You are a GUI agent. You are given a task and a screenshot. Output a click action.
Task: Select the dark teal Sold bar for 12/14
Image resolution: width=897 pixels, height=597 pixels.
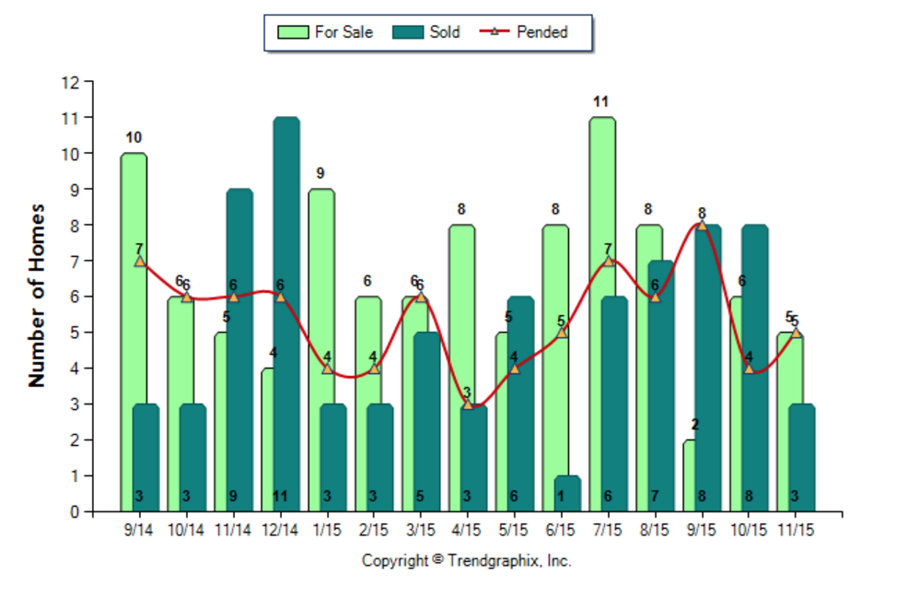point(286,313)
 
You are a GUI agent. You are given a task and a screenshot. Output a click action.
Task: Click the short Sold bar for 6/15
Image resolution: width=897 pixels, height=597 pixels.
point(567,493)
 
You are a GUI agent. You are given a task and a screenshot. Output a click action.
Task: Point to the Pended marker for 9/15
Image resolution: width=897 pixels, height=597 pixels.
point(702,226)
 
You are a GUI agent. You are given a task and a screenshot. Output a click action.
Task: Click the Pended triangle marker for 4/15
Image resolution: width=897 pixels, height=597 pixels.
point(468,404)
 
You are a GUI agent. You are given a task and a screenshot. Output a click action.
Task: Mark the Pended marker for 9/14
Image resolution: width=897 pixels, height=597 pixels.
point(140,261)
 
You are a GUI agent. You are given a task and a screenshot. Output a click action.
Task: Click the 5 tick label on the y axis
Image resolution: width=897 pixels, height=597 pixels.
point(76,333)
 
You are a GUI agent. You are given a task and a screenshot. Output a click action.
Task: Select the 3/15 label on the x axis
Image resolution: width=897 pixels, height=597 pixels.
point(420,532)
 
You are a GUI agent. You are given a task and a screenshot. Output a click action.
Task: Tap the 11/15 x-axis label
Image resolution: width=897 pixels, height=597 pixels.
point(796,532)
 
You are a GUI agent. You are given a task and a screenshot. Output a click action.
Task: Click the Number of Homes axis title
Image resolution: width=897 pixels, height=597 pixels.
point(38,295)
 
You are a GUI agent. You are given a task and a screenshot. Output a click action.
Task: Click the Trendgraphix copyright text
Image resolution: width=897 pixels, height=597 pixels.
point(466,560)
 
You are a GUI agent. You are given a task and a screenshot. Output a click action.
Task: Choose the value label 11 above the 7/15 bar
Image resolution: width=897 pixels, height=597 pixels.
point(601,102)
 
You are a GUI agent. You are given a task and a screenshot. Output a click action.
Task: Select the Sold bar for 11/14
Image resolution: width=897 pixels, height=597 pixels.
point(239,350)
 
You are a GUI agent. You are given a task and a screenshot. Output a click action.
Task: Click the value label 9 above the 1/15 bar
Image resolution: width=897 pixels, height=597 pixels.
point(321,174)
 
